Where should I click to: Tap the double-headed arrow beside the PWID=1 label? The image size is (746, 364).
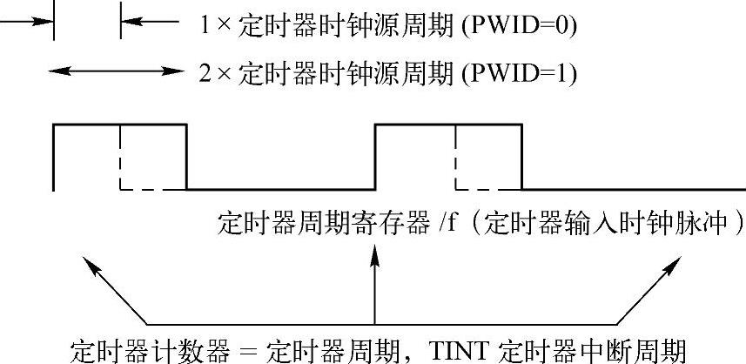pos(118,70)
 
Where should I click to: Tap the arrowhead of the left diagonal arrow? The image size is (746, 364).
pos(84,261)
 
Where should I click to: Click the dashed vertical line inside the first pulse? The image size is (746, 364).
pos(120,157)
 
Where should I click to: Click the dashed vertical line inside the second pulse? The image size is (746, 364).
pos(455,157)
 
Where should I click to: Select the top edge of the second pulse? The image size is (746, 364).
pos(447,125)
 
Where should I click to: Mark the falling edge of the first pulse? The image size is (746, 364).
pos(186,157)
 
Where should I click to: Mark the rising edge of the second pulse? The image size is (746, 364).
pos(375,157)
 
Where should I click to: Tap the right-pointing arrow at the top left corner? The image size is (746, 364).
pos(26,22)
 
